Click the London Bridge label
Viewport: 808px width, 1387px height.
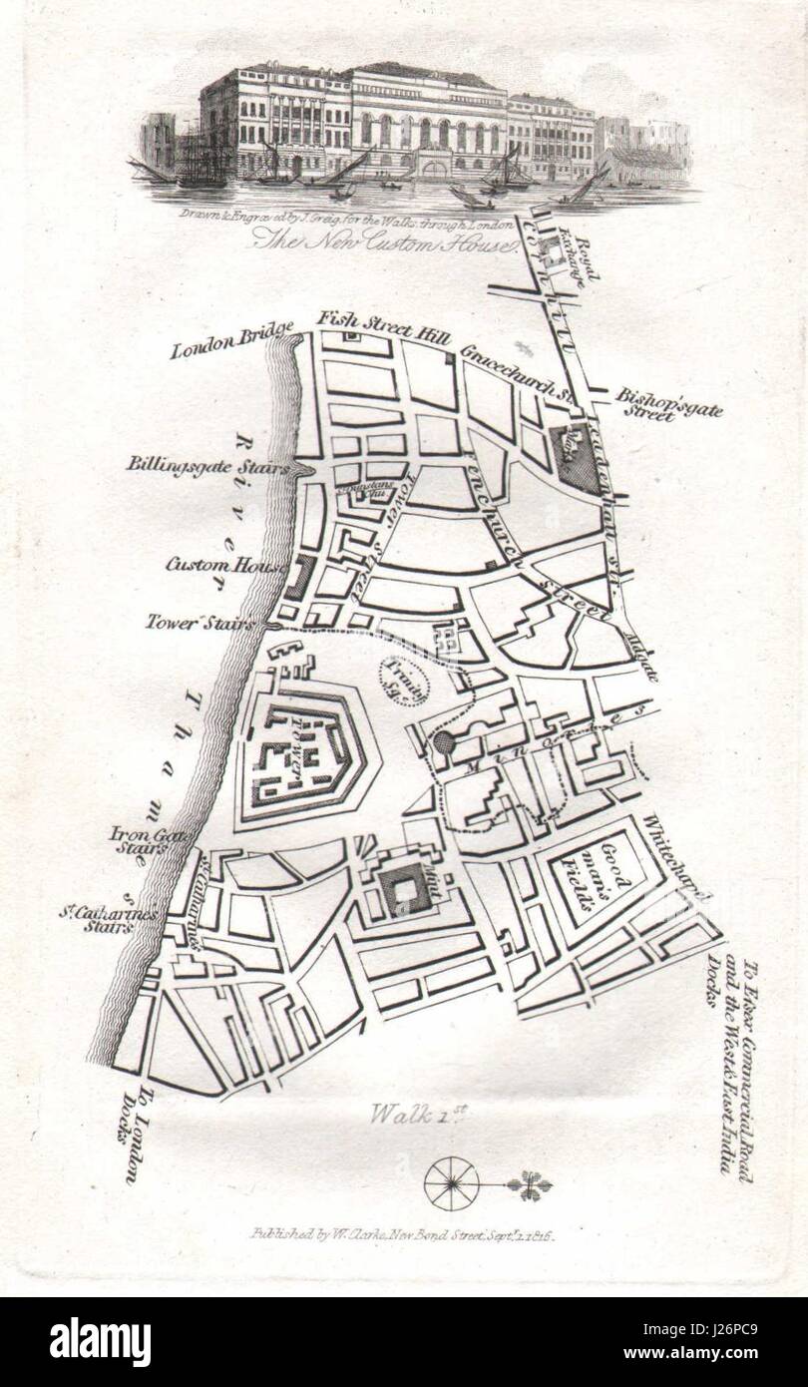231,340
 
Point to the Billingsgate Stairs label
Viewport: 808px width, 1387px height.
207,464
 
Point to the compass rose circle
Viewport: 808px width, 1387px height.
451,1183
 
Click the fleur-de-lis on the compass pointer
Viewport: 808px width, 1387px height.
530,1184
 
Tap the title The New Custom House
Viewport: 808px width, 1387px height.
383,237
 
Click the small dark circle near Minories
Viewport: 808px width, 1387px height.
443,742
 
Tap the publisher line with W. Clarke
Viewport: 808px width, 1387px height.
401,1234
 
